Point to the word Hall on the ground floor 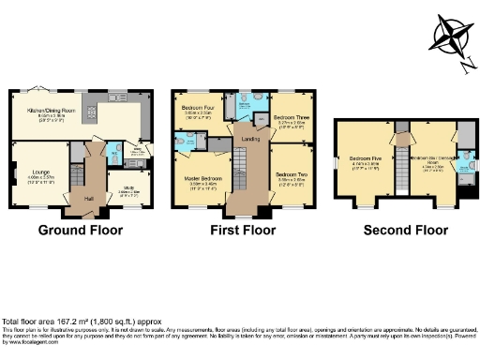[89, 199]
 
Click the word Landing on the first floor [250, 140]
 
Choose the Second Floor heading [404, 230]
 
